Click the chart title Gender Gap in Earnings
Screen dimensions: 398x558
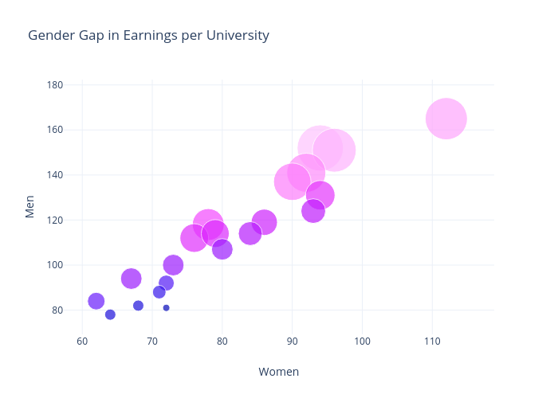[x=148, y=36]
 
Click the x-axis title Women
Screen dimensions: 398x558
[x=278, y=372]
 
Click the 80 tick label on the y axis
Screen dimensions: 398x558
[x=57, y=310]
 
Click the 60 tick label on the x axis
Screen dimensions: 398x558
[x=82, y=341]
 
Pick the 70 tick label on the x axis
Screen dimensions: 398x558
[x=152, y=341]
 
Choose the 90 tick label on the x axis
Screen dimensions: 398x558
[x=292, y=341]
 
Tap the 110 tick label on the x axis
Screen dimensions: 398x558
[x=432, y=341]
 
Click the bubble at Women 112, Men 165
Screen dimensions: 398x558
[x=446, y=119]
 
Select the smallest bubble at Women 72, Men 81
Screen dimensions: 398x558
[x=166, y=307]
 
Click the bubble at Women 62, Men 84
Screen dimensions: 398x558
[x=96, y=301]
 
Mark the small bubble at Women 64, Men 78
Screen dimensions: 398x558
[x=110, y=314]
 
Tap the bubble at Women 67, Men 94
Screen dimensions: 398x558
[x=132, y=279]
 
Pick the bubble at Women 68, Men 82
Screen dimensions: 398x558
[x=138, y=306]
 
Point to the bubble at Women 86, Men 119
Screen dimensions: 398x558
[x=264, y=222]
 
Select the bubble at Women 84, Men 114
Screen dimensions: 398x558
[x=250, y=233]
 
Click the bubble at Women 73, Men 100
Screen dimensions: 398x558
[x=173, y=265]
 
